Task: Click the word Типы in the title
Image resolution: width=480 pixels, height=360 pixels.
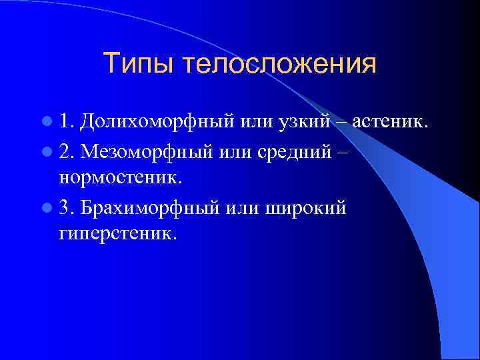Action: (x=139, y=65)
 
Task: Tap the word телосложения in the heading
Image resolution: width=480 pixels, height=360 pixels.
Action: (x=279, y=65)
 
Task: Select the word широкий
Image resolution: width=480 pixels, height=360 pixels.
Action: (x=306, y=208)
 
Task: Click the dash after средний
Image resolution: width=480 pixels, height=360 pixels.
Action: (x=342, y=152)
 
